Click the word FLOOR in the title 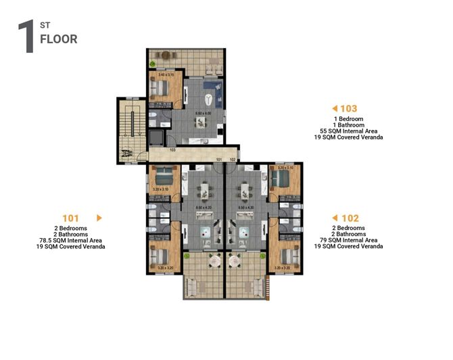point(59,39)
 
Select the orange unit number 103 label point(349,108)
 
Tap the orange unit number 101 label point(71,218)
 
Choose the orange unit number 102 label point(350,218)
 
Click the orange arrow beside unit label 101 point(99,218)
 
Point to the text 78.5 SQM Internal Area point(71,240)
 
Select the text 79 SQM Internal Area point(348,240)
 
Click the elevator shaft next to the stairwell point(156,137)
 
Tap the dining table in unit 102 point(243,189)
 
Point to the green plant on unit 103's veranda point(153,64)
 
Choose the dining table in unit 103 point(201,122)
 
